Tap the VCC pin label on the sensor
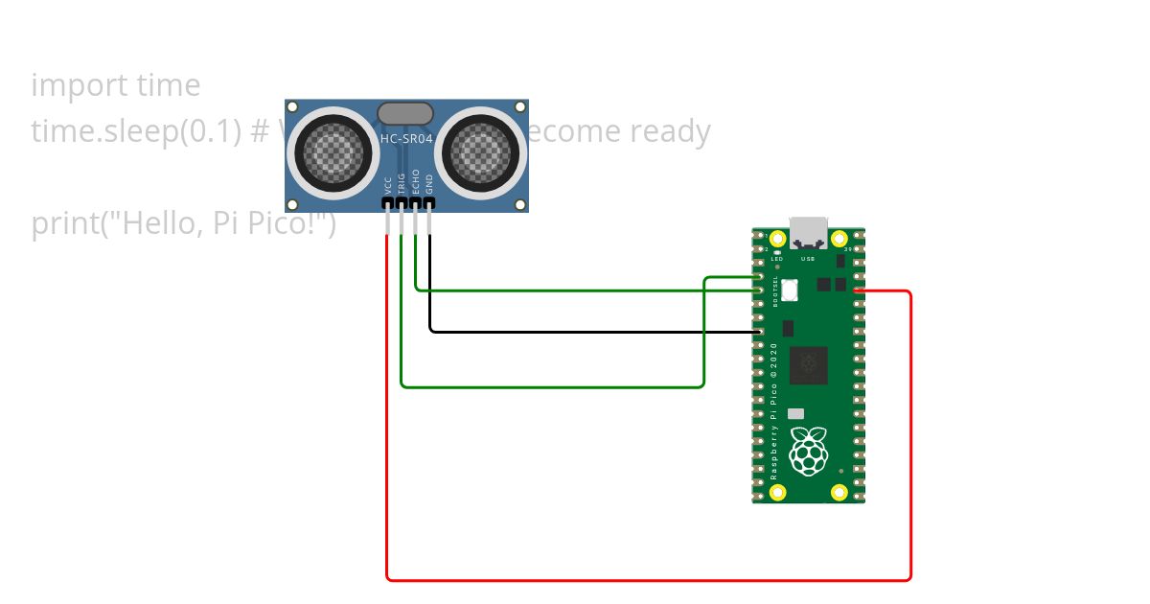[x=387, y=183]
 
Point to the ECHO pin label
[x=415, y=181]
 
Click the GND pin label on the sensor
[x=429, y=182]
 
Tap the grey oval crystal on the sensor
[x=405, y=114]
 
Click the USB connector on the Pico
[x=808, y=234]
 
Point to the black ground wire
[x=594, y=332]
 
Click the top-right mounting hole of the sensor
[x=520, y=107]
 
